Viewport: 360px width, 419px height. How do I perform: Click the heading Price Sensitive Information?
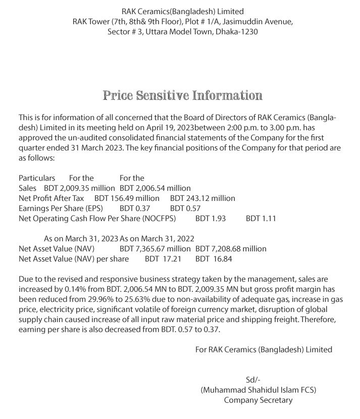183,95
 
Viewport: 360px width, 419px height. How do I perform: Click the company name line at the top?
183,11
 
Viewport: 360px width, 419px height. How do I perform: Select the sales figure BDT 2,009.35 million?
80,188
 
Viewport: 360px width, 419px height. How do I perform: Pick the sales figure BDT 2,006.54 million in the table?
155,188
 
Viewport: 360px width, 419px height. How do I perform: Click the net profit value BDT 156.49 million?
127,198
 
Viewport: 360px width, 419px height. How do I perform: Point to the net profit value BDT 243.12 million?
202,198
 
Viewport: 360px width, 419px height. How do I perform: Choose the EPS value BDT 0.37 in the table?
135,208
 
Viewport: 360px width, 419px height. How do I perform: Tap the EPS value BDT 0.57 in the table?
185,208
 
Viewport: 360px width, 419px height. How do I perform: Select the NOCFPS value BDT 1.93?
211,218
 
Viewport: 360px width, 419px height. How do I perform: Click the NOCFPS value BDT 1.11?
261,218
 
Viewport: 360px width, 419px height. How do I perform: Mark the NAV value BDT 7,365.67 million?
155,248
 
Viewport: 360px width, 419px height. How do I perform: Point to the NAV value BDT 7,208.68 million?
231,248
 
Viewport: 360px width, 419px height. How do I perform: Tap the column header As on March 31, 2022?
157,238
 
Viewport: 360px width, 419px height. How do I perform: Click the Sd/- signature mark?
252,380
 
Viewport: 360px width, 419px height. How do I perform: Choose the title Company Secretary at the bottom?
258,400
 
